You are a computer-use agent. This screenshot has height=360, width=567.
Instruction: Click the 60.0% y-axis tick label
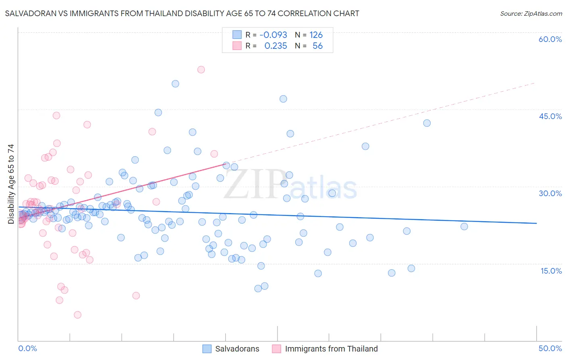(550, 39)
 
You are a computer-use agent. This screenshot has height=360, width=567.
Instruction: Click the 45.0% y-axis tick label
(550, 116)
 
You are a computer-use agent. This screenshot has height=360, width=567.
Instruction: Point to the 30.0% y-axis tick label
(550, 193)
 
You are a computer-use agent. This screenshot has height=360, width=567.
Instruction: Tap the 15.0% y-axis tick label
(551, 271)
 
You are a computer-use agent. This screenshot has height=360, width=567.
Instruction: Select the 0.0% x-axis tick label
(27, 348)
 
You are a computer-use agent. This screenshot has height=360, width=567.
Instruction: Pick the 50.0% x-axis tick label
(550, 348)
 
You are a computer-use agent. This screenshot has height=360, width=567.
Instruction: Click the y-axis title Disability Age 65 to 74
(11, 184)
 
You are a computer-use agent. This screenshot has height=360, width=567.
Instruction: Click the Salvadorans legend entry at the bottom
(237, 349)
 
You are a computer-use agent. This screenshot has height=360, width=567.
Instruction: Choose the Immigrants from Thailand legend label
(331, 349)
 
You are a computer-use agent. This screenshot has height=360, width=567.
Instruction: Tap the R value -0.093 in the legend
(273, 35)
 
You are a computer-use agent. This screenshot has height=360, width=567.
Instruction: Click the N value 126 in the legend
(316, 35)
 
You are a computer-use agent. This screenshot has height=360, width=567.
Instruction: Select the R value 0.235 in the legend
(275, 46)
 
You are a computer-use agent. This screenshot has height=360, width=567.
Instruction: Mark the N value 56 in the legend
(317, 46)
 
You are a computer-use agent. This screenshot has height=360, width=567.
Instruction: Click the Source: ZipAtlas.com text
(531, 14)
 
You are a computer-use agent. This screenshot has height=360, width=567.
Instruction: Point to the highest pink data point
(201, 69)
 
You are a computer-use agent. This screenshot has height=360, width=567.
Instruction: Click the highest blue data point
(175, 84)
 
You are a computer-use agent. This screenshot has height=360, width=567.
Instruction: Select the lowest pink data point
(77, 315)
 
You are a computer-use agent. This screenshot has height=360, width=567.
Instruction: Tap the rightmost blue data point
(464, 226)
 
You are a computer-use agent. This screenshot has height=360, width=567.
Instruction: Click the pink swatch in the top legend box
(237, 46)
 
